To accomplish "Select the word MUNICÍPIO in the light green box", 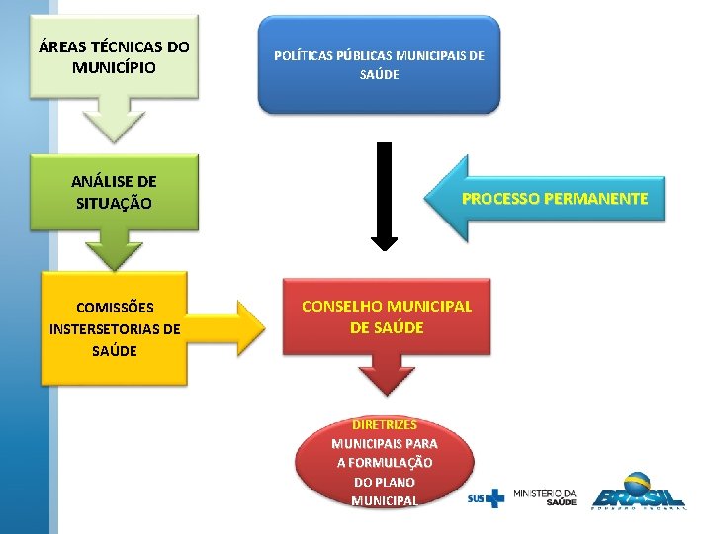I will [x=114, y=68].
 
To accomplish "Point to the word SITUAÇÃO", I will [x=114, y=204].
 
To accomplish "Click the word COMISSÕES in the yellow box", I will [x=115, y=307].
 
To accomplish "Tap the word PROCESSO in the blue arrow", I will [x=501, y=199].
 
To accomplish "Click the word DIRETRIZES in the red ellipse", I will [x=384, y=424].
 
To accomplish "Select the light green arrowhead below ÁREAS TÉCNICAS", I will [x=115, y=125].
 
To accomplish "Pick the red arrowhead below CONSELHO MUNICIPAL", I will [x=386, y=375].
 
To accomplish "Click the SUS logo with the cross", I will [x=486, y=497].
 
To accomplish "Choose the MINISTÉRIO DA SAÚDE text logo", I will [x=545, y=497].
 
